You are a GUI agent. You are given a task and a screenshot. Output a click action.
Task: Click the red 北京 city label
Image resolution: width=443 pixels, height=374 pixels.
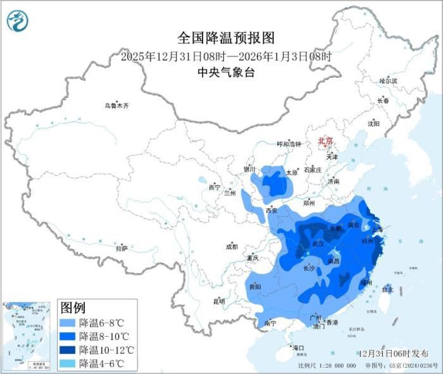pos(325,141)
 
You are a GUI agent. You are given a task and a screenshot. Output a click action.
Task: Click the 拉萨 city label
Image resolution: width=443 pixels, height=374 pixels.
pos(122,249)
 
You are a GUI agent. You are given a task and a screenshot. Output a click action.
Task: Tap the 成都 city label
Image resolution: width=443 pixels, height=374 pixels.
pos(231,247)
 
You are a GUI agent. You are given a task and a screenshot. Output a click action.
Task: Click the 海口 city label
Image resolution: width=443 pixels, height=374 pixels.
pos(298,348)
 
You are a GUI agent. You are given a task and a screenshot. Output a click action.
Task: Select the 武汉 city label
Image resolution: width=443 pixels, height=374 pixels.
pos(318,244)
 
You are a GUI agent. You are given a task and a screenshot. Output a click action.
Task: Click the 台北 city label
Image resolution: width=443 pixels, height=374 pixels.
pos(388,290)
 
